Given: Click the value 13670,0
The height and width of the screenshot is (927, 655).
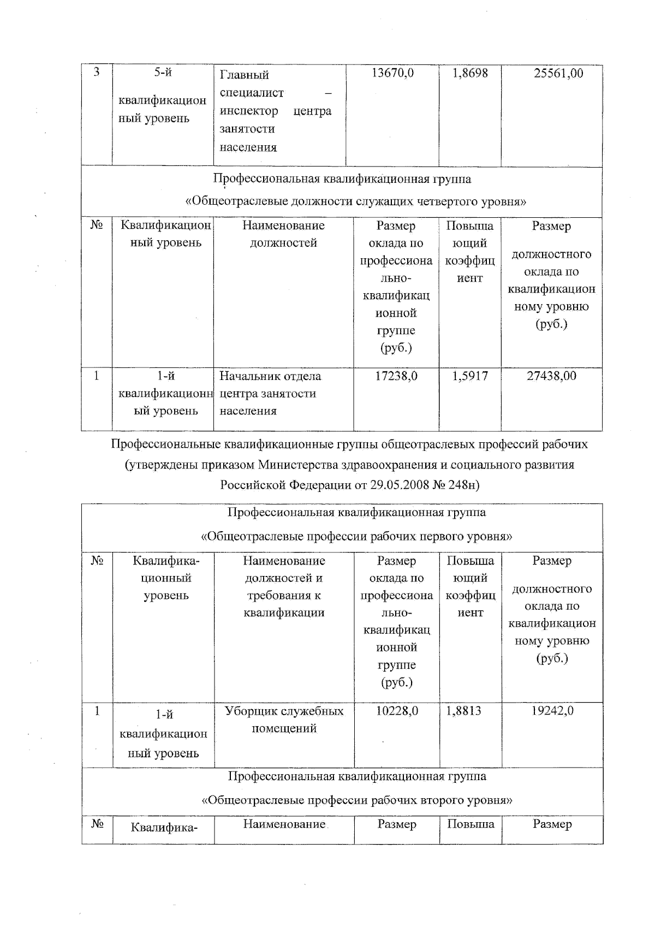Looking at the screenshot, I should (x=392, y=73).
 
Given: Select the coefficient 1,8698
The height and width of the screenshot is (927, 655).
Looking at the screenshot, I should (x=469, y=73).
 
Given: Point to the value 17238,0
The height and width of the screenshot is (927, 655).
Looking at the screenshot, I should (x=396, y=376).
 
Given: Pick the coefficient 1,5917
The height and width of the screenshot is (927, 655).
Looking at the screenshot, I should (x=469, y=376).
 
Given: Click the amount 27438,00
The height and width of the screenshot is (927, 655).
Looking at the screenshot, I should (x=551, y=376).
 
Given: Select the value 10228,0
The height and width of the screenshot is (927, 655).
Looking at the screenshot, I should (x=397, y=710).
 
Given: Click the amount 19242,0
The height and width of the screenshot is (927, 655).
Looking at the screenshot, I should (x=552, y=710).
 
